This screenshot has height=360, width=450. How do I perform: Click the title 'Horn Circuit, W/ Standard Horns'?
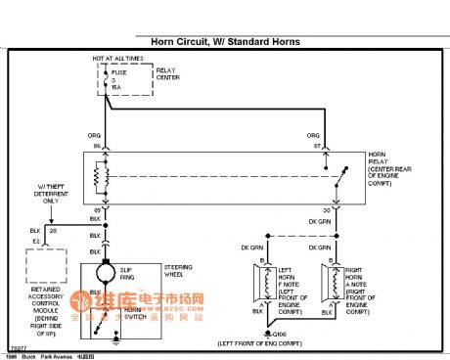coord(224,42)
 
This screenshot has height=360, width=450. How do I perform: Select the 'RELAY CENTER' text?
coord(168,74)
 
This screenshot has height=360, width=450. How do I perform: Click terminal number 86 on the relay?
coord(97,146)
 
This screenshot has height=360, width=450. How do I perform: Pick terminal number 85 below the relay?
coord(97,210)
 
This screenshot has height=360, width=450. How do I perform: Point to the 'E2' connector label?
coord(35,240)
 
